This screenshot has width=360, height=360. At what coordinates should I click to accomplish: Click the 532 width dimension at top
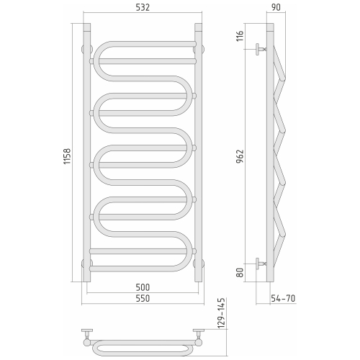coord(141,8)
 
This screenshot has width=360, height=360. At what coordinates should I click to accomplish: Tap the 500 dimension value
coord(141,287)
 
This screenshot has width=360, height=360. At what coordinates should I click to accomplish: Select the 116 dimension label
coord(241,36)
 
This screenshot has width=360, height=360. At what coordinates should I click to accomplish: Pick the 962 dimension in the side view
coord(241,155)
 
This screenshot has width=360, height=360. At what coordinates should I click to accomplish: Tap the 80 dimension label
coord(241,272)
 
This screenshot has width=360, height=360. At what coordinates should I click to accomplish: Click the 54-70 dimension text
coord(282,297)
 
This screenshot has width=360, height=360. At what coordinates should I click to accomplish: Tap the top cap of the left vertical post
coord(87,26)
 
